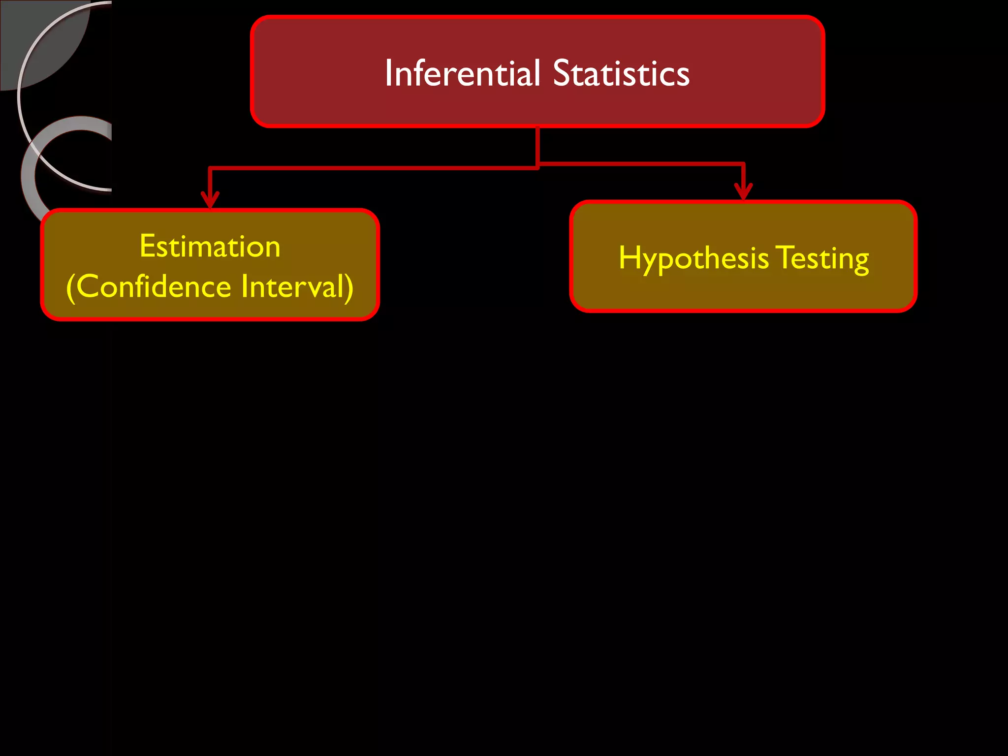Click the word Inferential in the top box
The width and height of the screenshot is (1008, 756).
coord(463,73)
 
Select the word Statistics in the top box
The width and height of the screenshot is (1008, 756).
coord(621,73)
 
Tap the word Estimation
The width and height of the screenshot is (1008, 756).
coord(210,246)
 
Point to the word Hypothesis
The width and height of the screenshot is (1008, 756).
coord(693,258)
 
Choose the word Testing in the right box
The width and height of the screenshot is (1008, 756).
coord(822,258)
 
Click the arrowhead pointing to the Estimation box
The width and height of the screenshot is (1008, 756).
coord(210,200)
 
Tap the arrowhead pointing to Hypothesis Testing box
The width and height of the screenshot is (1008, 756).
coord(743,191)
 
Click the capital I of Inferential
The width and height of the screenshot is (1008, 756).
coord(388,73)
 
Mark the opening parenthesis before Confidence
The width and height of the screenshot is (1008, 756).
coord(70,288)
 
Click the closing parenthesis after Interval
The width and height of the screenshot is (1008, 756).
coord(349,288)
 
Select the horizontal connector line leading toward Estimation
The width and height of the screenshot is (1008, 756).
coord(374,168)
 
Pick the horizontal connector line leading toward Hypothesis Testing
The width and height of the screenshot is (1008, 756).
coord(640,163)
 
